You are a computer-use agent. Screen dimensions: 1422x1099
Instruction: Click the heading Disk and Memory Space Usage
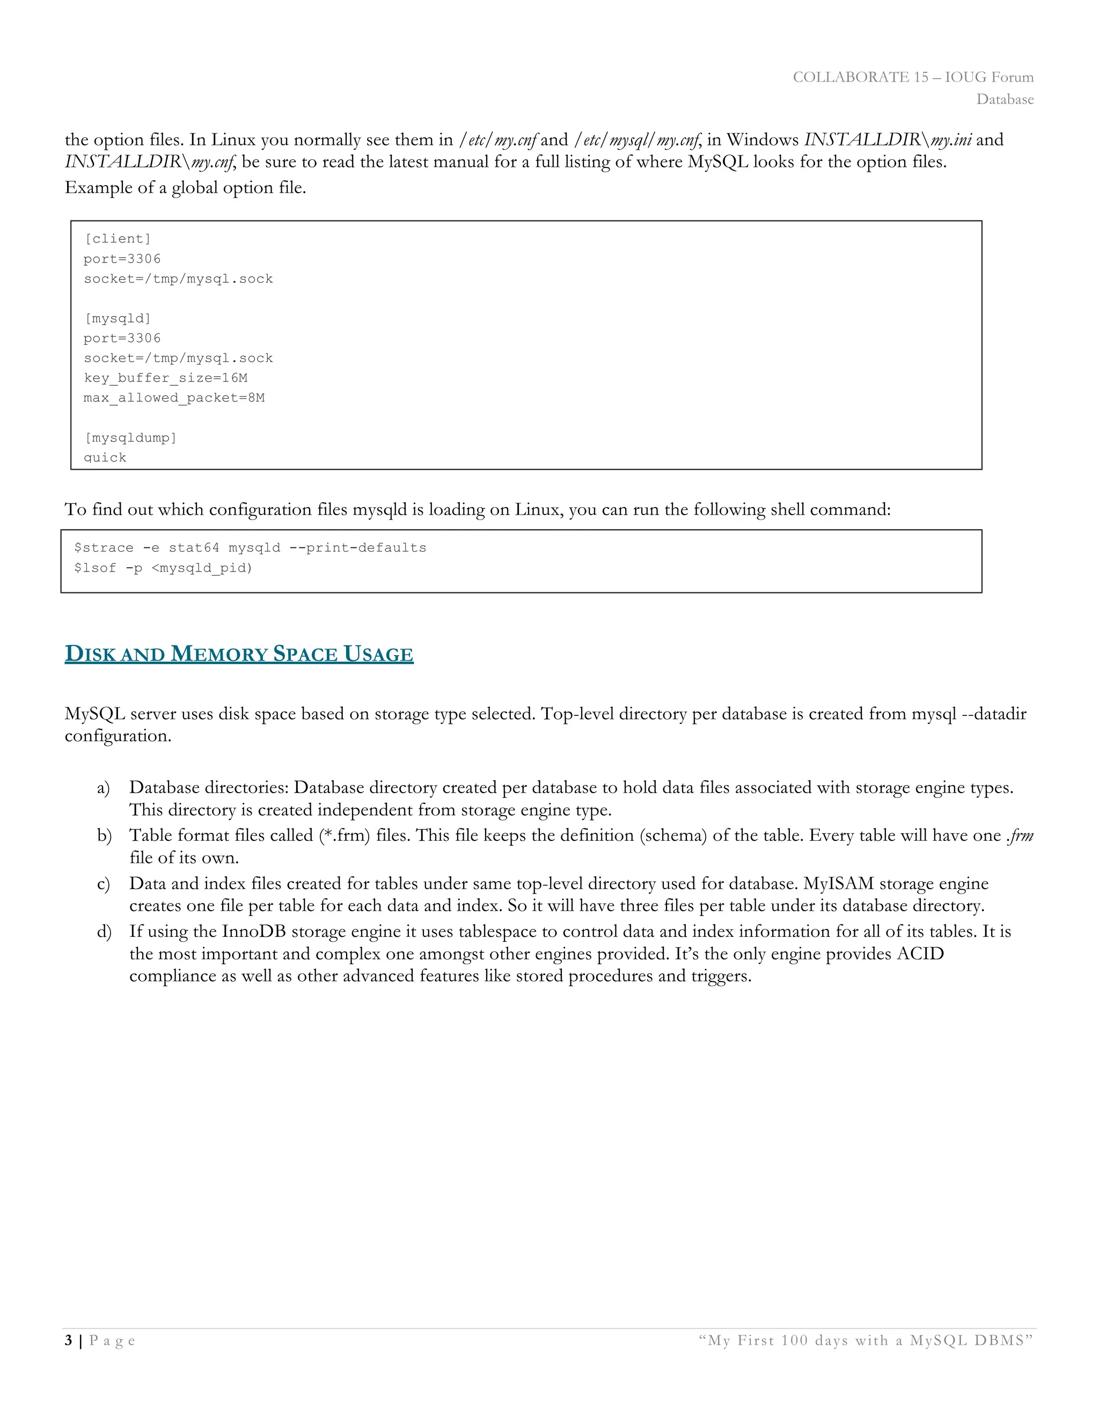click(239, 654)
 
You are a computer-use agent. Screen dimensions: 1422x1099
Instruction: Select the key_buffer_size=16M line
click(165, 378)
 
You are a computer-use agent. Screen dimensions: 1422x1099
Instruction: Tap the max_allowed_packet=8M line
click(174, 398)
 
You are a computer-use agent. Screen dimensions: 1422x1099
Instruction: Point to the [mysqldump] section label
click(130, 437)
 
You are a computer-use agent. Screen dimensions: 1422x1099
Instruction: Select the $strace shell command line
click(250, 547)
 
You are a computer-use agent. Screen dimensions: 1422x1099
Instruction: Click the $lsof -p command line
click(163, 568)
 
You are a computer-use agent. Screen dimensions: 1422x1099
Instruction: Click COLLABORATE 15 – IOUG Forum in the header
click(913, 77)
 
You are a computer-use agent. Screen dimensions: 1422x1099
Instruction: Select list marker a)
click(103, 788)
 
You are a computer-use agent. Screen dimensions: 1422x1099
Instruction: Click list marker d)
click(104, 932)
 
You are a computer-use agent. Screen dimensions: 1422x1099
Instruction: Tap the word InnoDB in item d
click(254, 932)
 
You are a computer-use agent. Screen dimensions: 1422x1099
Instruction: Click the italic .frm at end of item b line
click(1020, 836)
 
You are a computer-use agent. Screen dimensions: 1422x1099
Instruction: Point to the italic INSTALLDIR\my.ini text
click(888, 140)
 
